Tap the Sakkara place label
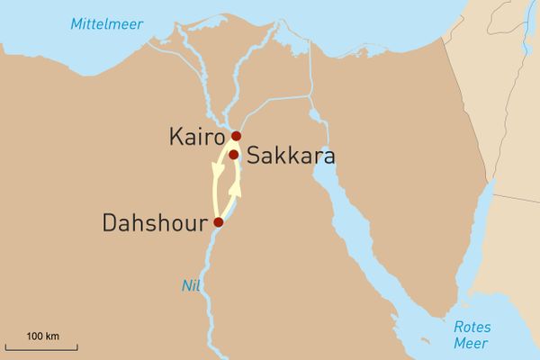(291, 156)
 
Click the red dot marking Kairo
(236, 136)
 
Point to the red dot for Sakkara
(233, 155)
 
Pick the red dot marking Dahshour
(218, 221)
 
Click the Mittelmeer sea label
(107, 24)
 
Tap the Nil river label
(189, 285)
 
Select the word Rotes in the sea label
(472, 328)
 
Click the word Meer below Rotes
(471, 344)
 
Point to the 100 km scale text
(42, 336)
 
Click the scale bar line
(41, 346)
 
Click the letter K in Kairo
(175, 137)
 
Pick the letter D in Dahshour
(111, 221)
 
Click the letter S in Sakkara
(254, 156)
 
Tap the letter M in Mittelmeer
(76, 24)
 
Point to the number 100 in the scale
(34, 336)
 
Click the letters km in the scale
(52, 336)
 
